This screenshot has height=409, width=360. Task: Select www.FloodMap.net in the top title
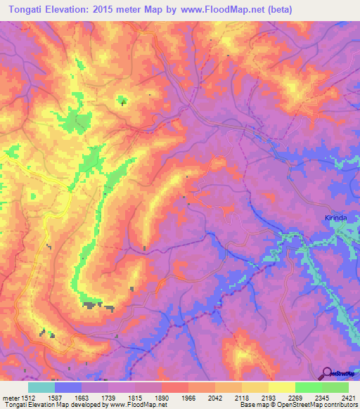tap(217, 9)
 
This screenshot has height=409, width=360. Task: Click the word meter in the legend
tap(11, 397)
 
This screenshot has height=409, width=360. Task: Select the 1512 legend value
tap(30, 397)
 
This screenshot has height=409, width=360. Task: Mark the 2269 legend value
tap(296, 397)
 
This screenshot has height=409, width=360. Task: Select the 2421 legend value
tap(348, 397)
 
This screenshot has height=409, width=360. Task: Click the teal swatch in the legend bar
tap(41, 387)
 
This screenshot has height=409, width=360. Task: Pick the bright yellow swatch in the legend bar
tap(282, 387)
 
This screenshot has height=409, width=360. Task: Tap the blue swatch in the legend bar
tap(68, 387)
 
